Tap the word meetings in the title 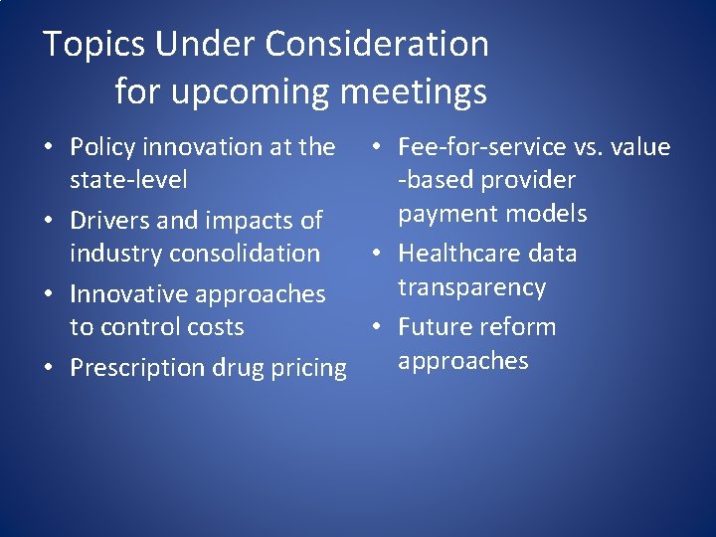[414, 92]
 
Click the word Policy [104, 147]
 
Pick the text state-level [128, 180]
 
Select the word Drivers [111, 220]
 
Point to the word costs [212, 327]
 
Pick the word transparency [473, 287]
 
